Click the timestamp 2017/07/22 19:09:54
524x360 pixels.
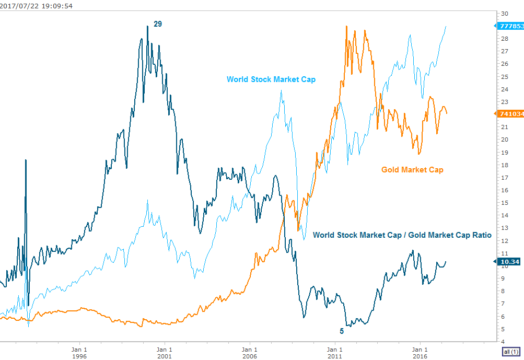pyautogui.click(x=36, y=6)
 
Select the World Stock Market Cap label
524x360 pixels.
pyautogui.click(x=271, y=79)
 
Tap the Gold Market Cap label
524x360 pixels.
pyautogui.click(x=412, y=169)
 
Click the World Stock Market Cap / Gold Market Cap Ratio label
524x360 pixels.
pyautogui.click(x=402, y=235)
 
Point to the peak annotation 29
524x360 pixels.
pyautogui.click(x=158, y=24)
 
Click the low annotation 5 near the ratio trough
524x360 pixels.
pyautogui.click(x=342, y=331)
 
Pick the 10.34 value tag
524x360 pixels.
pyautogui.click(x=509, y=261)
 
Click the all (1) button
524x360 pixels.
pyautogui.click(x=509, y=351)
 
